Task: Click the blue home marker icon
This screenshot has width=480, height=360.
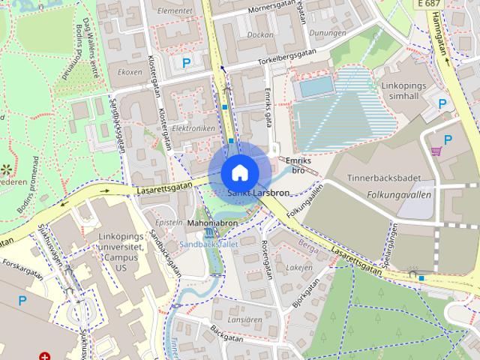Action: click(239, 172)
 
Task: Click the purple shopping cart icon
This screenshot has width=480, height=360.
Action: click(436, 151)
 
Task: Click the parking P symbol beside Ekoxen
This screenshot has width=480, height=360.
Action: click(185, 64)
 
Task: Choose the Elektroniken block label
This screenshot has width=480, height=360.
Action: click(193, 128)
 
